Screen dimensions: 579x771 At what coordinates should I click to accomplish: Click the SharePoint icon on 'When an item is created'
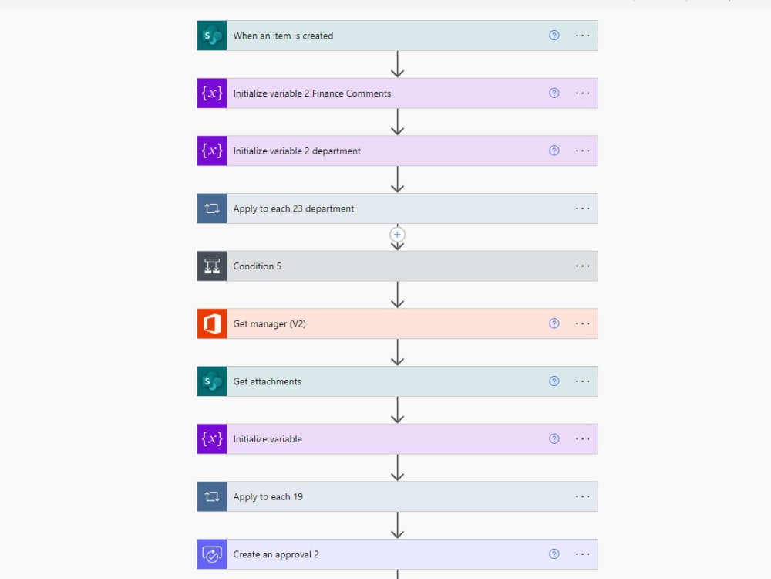(x=212, y=36)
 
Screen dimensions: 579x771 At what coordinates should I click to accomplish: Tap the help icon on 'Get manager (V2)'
(x=554, y=324)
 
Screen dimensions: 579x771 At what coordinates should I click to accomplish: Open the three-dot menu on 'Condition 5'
(x=583, y=266)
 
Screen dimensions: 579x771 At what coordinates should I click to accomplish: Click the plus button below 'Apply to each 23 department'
(x=398, y=234)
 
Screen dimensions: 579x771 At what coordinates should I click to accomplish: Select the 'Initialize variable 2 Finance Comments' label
(x=312, y=93)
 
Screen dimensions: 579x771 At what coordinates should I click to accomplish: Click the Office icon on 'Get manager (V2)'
(x=212, y=324)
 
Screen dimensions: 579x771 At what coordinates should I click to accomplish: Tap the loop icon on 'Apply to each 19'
(x=212, y=497)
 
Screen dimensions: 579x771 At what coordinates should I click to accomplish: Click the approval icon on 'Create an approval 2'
(x=212, y=554)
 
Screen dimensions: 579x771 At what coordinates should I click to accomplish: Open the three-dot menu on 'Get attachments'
(x=583, y=381)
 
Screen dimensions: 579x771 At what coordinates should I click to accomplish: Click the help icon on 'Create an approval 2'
(x=554, y=554)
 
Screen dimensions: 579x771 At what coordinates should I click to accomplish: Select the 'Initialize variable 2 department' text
(x=297, y=151)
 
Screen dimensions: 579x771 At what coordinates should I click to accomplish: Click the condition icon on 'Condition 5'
(x=212, y=266)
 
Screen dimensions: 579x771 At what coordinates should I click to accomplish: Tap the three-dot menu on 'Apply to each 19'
(x=583, y=497)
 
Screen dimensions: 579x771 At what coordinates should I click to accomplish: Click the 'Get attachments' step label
(x=268, y=381)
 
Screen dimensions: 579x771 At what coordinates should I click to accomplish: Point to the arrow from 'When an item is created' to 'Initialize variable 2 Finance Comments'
(x=398, y=65)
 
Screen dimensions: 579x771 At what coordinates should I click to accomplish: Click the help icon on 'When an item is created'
(x=554, y=36)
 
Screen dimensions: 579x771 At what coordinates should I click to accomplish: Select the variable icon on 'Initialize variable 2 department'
(x=212, y=151)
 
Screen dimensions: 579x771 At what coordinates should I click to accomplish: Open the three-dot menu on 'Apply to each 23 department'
(x=583, y=208)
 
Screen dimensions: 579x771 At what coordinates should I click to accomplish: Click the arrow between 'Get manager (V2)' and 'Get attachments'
(x=398, y=353)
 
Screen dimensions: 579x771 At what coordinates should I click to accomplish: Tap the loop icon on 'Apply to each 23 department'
(x=212, y=208)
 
